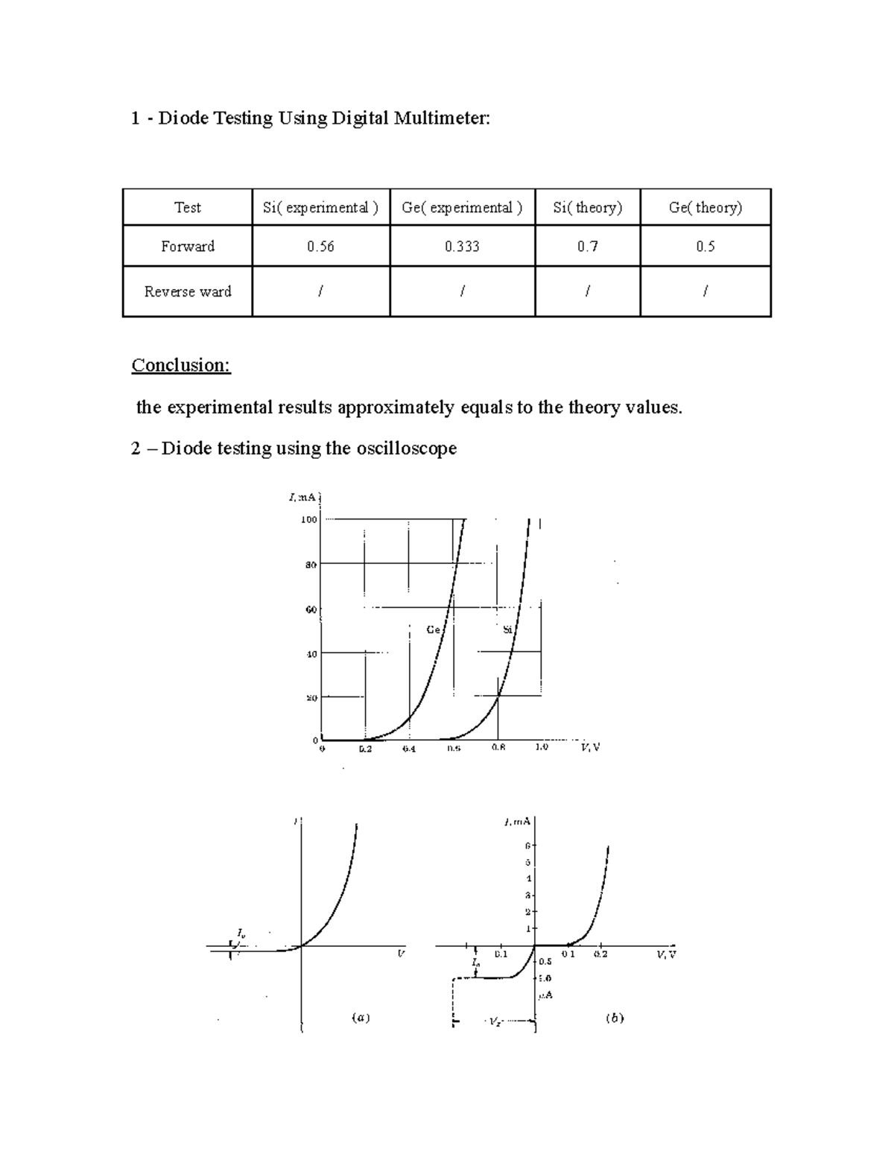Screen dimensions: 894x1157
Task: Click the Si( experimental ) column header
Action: click(x=320, y=208)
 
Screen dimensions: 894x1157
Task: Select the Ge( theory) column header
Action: click(x=705, y=208)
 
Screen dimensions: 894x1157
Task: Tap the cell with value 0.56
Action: click(x=320, y=247)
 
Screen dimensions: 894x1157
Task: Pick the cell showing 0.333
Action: click(x=462, y=247)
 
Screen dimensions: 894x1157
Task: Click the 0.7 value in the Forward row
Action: click(x=587, y=247)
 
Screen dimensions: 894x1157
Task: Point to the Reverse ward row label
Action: click(x=188, y=291)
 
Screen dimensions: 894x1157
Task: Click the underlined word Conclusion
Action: click(x=181, y=365)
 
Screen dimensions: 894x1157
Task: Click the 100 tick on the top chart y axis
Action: click(x=309, y=519)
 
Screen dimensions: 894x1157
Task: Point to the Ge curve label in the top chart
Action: click(x=434, y=630)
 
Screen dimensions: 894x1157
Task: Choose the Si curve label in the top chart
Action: click(x=507, y=630)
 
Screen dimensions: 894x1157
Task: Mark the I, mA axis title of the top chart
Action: click(x=304, y=497)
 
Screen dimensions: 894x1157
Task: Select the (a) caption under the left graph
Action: click(x=361, y=1017)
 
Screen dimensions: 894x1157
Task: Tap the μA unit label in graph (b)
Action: click(x=545, y=995)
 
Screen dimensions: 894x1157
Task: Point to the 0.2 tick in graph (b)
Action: click(x=600, y=954)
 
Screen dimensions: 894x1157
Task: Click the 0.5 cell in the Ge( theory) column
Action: click(x=705, y=247)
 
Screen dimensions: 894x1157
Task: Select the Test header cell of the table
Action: click(x=188, y=208)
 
